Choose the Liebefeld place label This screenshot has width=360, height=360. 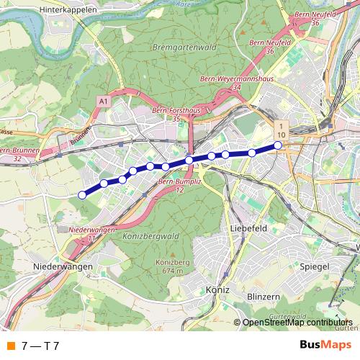click(250, 228)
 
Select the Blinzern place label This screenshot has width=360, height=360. click(262, 296)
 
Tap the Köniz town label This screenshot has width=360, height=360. click(217, 289)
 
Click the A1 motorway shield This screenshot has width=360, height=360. click(104, 103)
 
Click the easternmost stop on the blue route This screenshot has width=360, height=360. click(278, 145)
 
